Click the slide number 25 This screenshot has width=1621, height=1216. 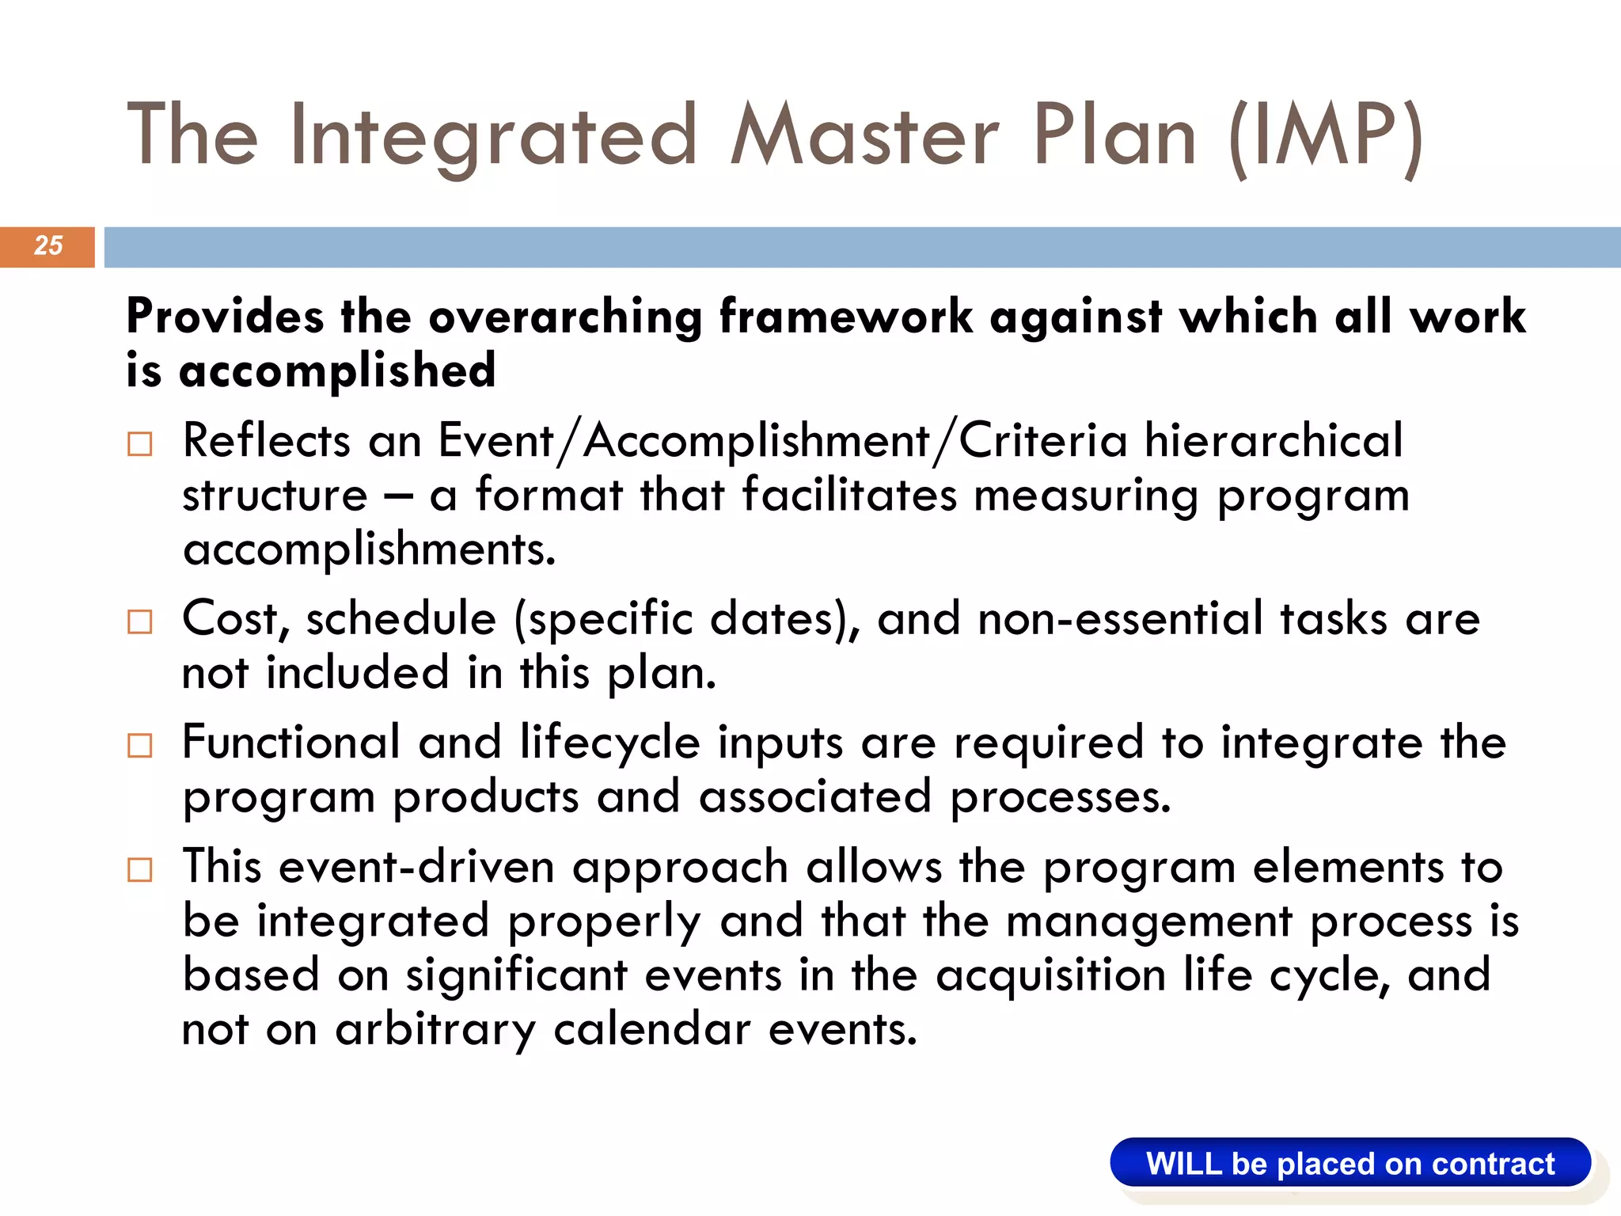tap(47, 245)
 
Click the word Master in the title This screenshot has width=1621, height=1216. tap(864, 136)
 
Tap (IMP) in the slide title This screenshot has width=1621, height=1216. tap(1326, 136)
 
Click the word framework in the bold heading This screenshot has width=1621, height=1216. tap(845, 317)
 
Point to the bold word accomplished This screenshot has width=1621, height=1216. tap(337, 370)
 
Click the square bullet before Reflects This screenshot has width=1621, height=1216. tap(140, 444)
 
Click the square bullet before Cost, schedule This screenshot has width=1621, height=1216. tap(140, 622)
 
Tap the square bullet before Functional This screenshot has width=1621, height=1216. tap(140, 746)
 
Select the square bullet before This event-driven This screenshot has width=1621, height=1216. tap(140, 870)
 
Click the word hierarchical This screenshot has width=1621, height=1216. tap(1273, 440)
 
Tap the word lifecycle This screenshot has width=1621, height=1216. tap(609, 744)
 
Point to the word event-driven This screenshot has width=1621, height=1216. tap(416, 867)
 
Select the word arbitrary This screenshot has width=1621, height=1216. tap(435, 1031)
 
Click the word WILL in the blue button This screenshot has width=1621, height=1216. tap(1184, 1165)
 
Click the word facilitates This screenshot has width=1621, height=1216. tap(849, 496)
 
